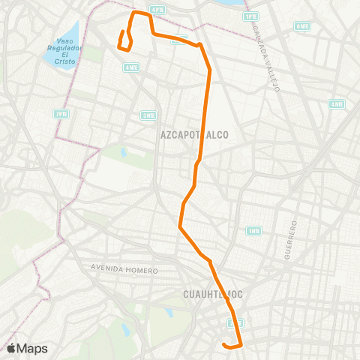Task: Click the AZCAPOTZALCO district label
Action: (x=193, y=135)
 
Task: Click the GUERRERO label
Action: (x=290, y=240)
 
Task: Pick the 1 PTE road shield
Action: (x=250, y=16)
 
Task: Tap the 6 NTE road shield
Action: (x=302, y=26)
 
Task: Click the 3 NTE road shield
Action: (x=148, y=115)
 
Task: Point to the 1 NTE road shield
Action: (x=254, y=231)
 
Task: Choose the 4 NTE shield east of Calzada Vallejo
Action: (x=336, y=104)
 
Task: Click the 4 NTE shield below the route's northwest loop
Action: (x=131, y=67)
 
